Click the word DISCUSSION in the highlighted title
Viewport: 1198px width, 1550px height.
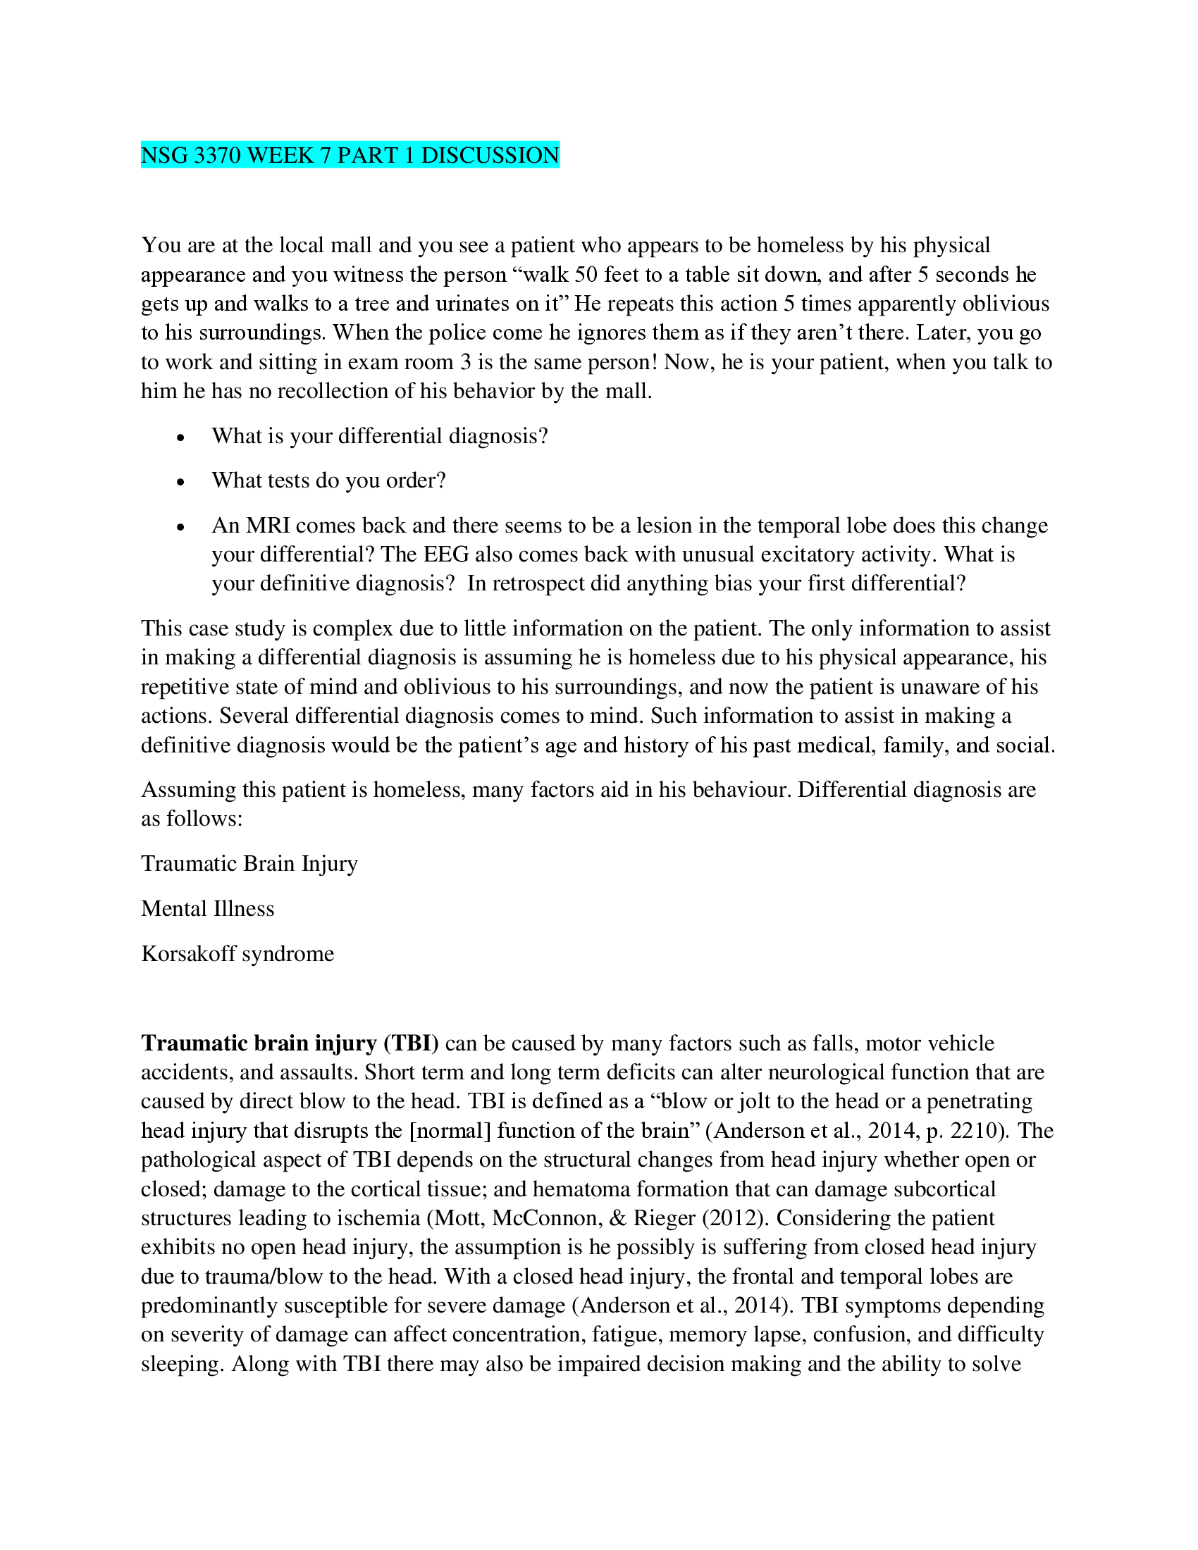click(490, 155)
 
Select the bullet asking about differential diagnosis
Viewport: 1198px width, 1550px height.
click(380, 435)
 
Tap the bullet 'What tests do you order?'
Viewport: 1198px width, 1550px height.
click(328, 480)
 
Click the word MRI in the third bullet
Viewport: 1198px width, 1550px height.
click(267, 525)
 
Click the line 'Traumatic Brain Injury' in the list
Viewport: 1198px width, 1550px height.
click(249, 864)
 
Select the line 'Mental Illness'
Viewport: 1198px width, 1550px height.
click(207, 908)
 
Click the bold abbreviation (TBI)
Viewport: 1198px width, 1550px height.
click(412, 1043)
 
